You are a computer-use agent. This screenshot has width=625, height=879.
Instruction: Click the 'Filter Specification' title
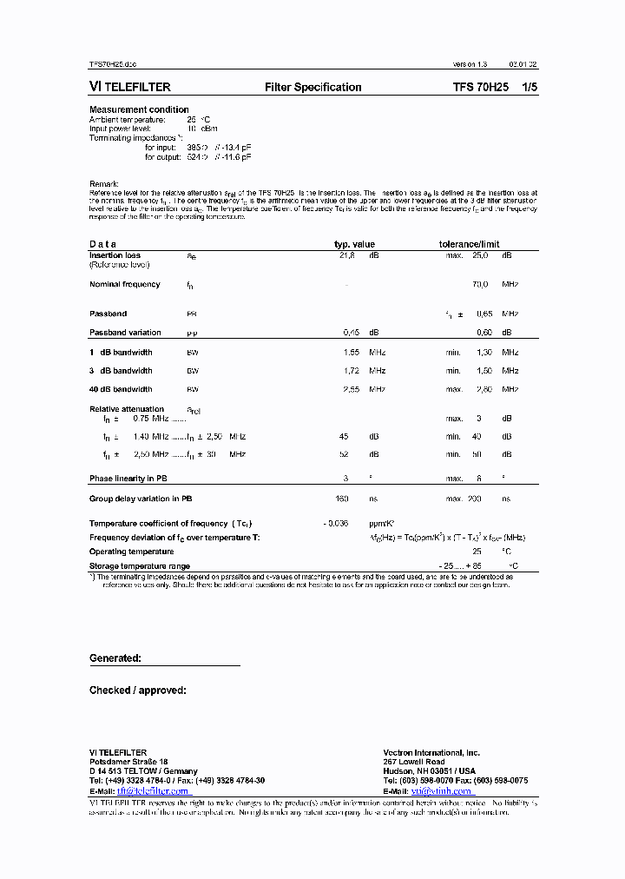(x=312, y=87)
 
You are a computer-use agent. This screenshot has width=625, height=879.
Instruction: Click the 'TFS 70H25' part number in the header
(x=477, y=87)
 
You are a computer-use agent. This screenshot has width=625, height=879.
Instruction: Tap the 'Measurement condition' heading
(x=139, y=109)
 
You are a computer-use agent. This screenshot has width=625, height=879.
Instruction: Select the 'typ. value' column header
(x=354, y=245)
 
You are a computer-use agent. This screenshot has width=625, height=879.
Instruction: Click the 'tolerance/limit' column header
(x=468, y=245)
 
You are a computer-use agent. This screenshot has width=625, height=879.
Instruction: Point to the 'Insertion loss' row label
(x=115, y=256)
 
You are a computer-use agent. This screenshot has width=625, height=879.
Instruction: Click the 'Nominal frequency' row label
(x=125, y=285)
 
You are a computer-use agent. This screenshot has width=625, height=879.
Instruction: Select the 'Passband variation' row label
(x=125, y=333)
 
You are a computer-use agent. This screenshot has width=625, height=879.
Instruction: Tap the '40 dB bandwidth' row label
(x=121, y=389)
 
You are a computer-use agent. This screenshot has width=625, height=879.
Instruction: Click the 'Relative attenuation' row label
(x=127, y=409)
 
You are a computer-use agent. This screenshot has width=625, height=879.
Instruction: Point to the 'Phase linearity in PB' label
(x=128, y=479)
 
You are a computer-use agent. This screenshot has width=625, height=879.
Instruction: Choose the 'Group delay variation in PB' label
(x=141, y=499)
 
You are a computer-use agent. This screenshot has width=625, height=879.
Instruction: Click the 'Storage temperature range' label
(x=140, y=565)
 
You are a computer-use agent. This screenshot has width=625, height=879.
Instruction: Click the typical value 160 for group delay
(x=342, y=499)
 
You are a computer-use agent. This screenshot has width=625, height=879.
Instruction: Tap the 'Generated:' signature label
(x=115, y=658)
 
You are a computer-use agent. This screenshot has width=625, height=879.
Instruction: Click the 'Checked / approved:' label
(x=137, y=691)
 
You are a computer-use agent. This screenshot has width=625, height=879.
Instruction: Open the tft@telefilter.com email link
(x=152, y=791)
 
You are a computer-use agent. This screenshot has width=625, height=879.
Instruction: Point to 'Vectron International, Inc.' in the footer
(x=431, y=753)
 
